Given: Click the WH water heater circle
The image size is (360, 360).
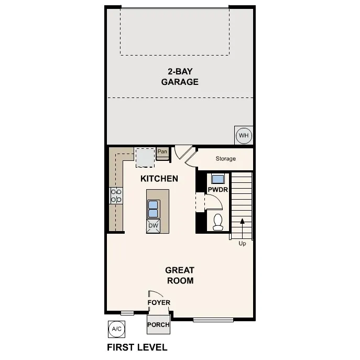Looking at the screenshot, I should click(244, 136).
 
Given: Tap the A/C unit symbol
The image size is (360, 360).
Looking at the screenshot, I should click(116, 329).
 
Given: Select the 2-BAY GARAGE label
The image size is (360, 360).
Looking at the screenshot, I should click(180, 77).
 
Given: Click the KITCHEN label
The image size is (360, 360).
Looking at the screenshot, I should click(159, 179).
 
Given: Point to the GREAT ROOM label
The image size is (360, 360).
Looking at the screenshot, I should click(180, 275).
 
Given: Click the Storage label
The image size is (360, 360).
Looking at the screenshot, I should click(225, 158).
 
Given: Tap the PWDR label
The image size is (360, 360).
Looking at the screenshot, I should click(217, 190).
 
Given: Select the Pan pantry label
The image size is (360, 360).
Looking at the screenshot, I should click(162, 152).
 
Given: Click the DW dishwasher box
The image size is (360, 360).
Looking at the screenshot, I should click(153, 226).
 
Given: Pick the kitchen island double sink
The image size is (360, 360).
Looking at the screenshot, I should click(154, 209).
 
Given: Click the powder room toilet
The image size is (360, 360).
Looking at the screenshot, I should click(218, 222).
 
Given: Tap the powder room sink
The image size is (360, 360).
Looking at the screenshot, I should click(217, 178).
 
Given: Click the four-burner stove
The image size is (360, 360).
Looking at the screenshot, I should click(116, 196).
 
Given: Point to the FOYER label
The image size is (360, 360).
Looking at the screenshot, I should click(158, 302).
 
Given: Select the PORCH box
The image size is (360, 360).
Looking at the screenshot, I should click(158, 325).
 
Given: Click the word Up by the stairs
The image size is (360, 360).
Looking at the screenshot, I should click(242, 244).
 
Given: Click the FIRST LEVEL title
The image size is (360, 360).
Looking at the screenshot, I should click(137, 347).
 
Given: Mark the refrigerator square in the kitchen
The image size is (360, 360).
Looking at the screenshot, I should click(145, 156).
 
